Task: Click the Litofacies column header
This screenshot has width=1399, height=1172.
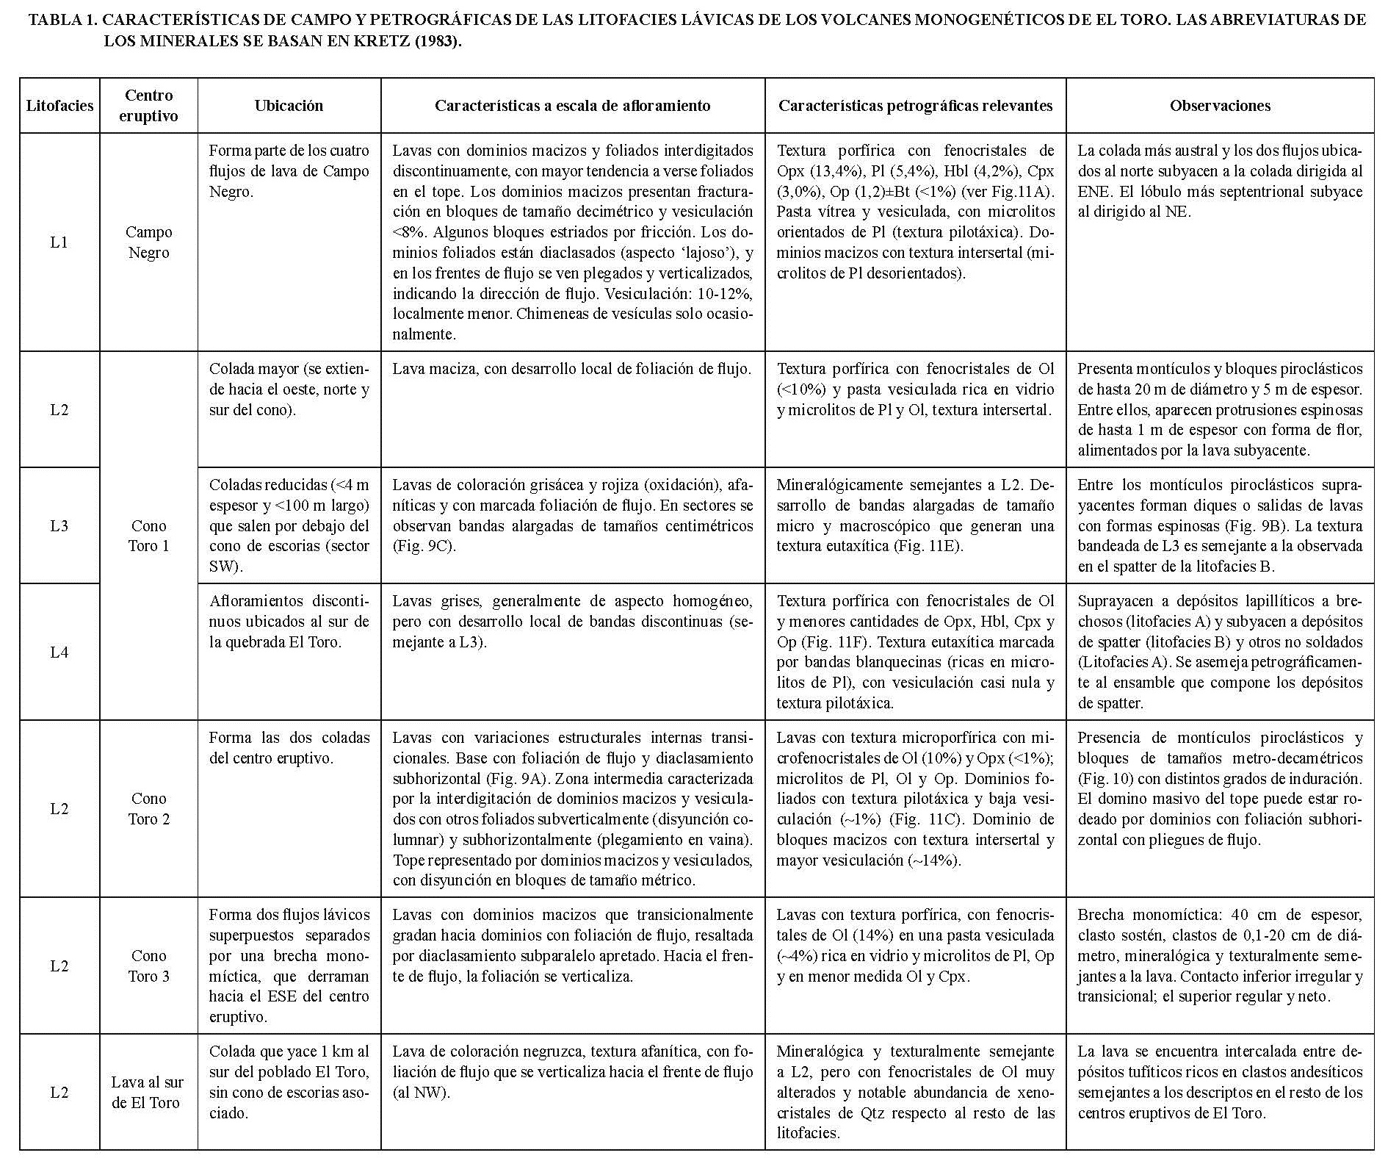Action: pos(59,106)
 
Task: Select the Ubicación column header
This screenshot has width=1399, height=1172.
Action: pos(289,106)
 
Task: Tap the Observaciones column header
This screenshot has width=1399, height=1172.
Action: pos(1220,106)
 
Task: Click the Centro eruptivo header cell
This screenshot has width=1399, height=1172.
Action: pos(148,106)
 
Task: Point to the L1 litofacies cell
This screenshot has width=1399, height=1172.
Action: pos(59,242)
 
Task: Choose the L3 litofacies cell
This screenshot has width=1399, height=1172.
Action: pos(59,526)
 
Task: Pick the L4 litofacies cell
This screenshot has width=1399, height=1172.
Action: pos(59,652)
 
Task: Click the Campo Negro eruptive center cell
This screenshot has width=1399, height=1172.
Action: pos(148,242)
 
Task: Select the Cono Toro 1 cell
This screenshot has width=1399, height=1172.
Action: pos(148,536)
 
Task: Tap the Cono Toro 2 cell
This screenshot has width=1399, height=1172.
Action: pos(148,809)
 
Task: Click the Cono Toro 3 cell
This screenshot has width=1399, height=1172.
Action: pos(148,966)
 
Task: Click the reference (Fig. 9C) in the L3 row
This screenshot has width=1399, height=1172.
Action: pos(424,547)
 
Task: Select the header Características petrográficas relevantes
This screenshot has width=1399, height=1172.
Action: pos(915,106)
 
